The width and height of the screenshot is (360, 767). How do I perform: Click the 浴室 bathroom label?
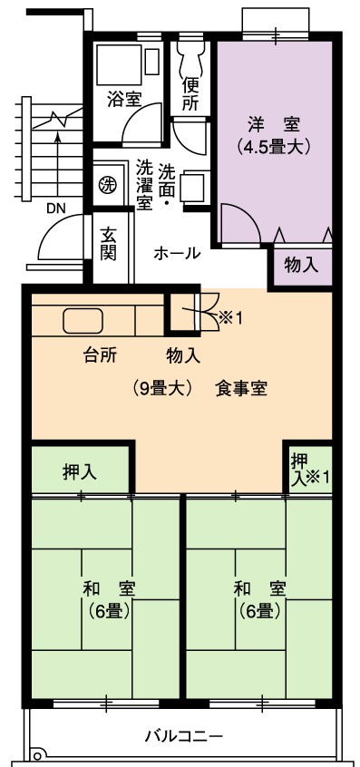[124, 101]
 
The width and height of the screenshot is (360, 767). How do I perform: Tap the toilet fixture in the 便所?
[190, 58]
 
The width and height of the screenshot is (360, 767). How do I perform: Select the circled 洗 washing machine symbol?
[108, 185]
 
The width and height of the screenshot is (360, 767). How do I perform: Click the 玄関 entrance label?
[109, 244]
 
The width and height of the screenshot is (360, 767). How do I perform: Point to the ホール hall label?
[177, 253]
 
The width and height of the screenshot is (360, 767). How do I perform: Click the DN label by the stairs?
[58, 209]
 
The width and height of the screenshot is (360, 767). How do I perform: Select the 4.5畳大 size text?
[272, 147]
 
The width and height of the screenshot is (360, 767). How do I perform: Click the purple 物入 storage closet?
[301, 266]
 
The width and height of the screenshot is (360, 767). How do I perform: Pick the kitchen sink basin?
[83, 321]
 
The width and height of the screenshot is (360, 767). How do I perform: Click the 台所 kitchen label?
[99, 356]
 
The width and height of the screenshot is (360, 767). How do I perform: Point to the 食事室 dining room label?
[240, 389]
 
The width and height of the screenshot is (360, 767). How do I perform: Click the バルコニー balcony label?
[184, 735]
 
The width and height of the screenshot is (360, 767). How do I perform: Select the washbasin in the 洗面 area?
[191, 186]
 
